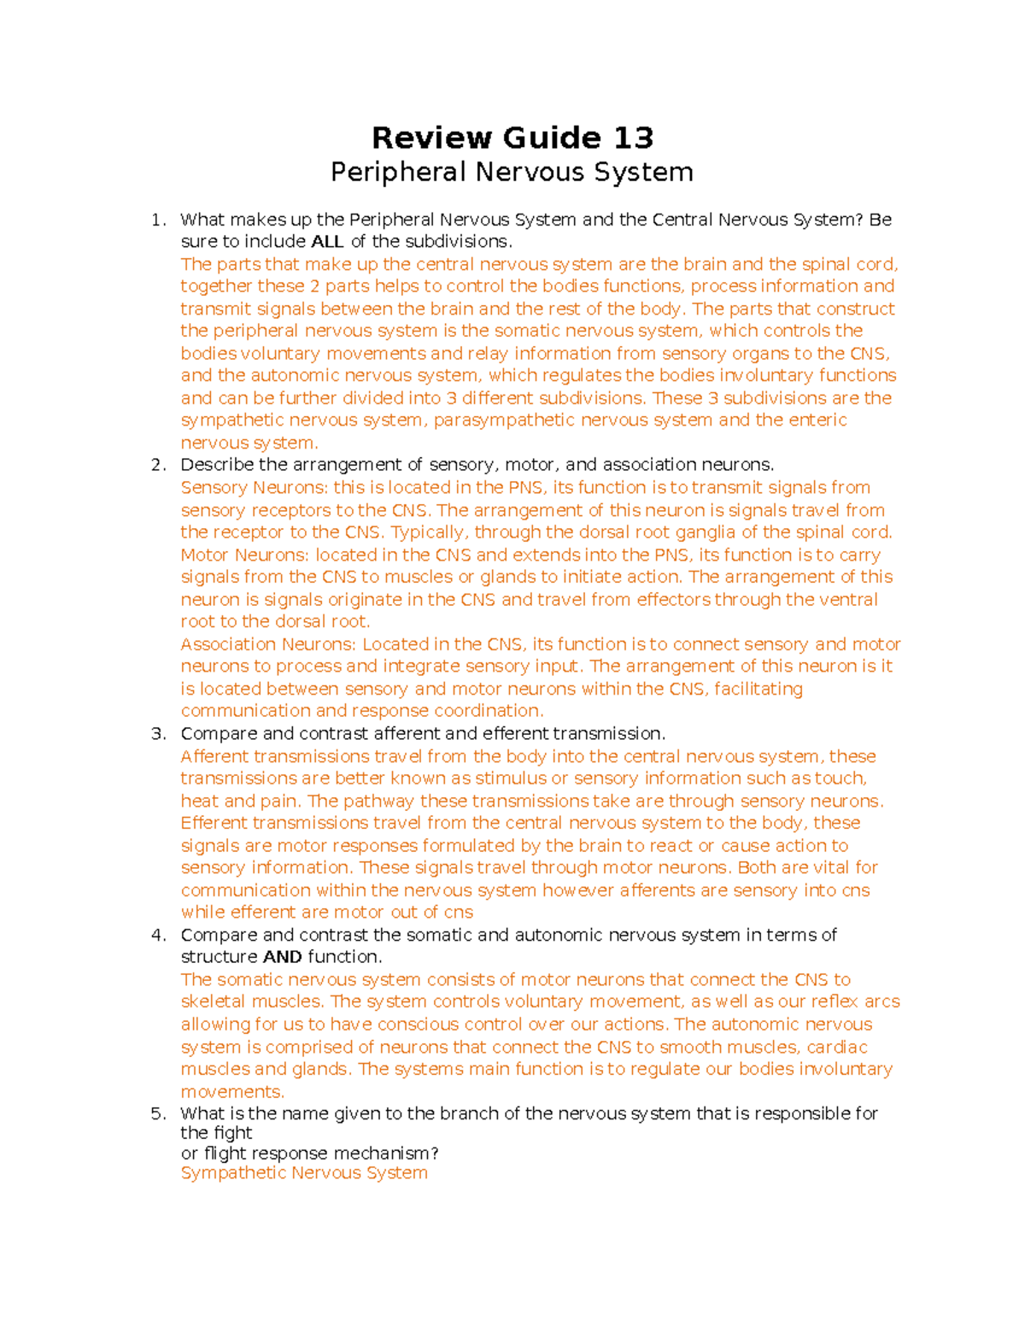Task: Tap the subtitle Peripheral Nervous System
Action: [x=512, y=173]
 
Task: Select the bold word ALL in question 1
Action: [x=327, y=242]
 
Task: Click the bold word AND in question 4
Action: [x=282, y=957]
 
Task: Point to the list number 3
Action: [x=158, y=734]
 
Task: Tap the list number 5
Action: [x=158, y=1113]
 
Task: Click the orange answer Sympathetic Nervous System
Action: [x=304, y=1173]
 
